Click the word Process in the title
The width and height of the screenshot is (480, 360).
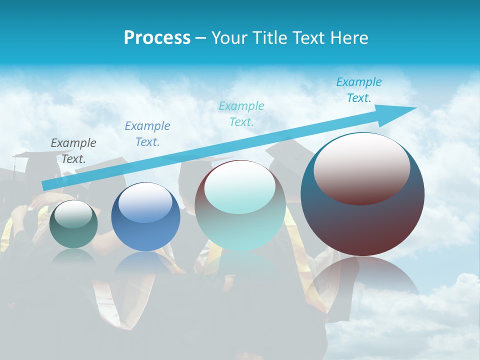pyautogui.click(x=157, y=38)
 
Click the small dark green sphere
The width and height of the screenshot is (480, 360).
pyautogui.click(x=73, y=224)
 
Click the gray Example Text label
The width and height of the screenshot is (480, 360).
pyautogui.click(x=73, y=150)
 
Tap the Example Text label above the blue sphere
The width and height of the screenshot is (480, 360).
pyautogui.click(x=147, y=133)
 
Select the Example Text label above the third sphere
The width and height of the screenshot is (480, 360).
pyautogui.click(x=241, y=113)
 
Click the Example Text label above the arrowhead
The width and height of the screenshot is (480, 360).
pyautogui.click(x=359, y=90)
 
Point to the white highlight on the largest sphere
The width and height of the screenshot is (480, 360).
pyautogui.click(x=361, y=168)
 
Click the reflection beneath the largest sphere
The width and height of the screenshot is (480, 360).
pyautogui.click(x=362, y=280)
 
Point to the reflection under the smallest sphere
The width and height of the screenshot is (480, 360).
pyautogui.click(x=73, y=256)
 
